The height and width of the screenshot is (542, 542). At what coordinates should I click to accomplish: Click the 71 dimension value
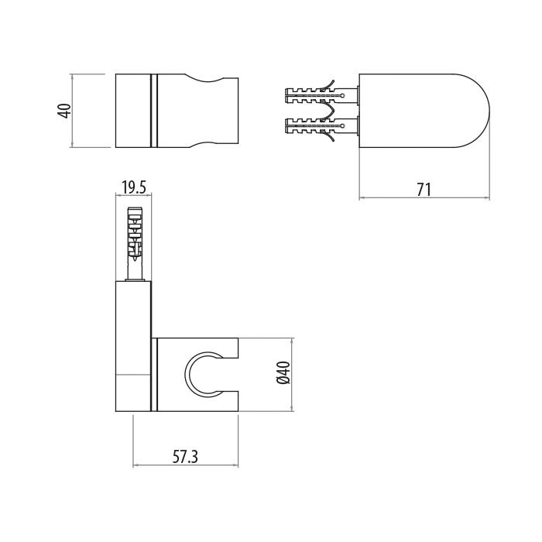click(x=424, y=190)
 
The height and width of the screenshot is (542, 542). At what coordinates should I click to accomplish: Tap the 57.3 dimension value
click(x=185, y=457)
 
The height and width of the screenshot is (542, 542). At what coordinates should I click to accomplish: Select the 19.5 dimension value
click(x=134, y=187)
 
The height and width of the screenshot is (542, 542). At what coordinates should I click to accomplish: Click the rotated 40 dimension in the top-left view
click(x=65, y=111)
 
